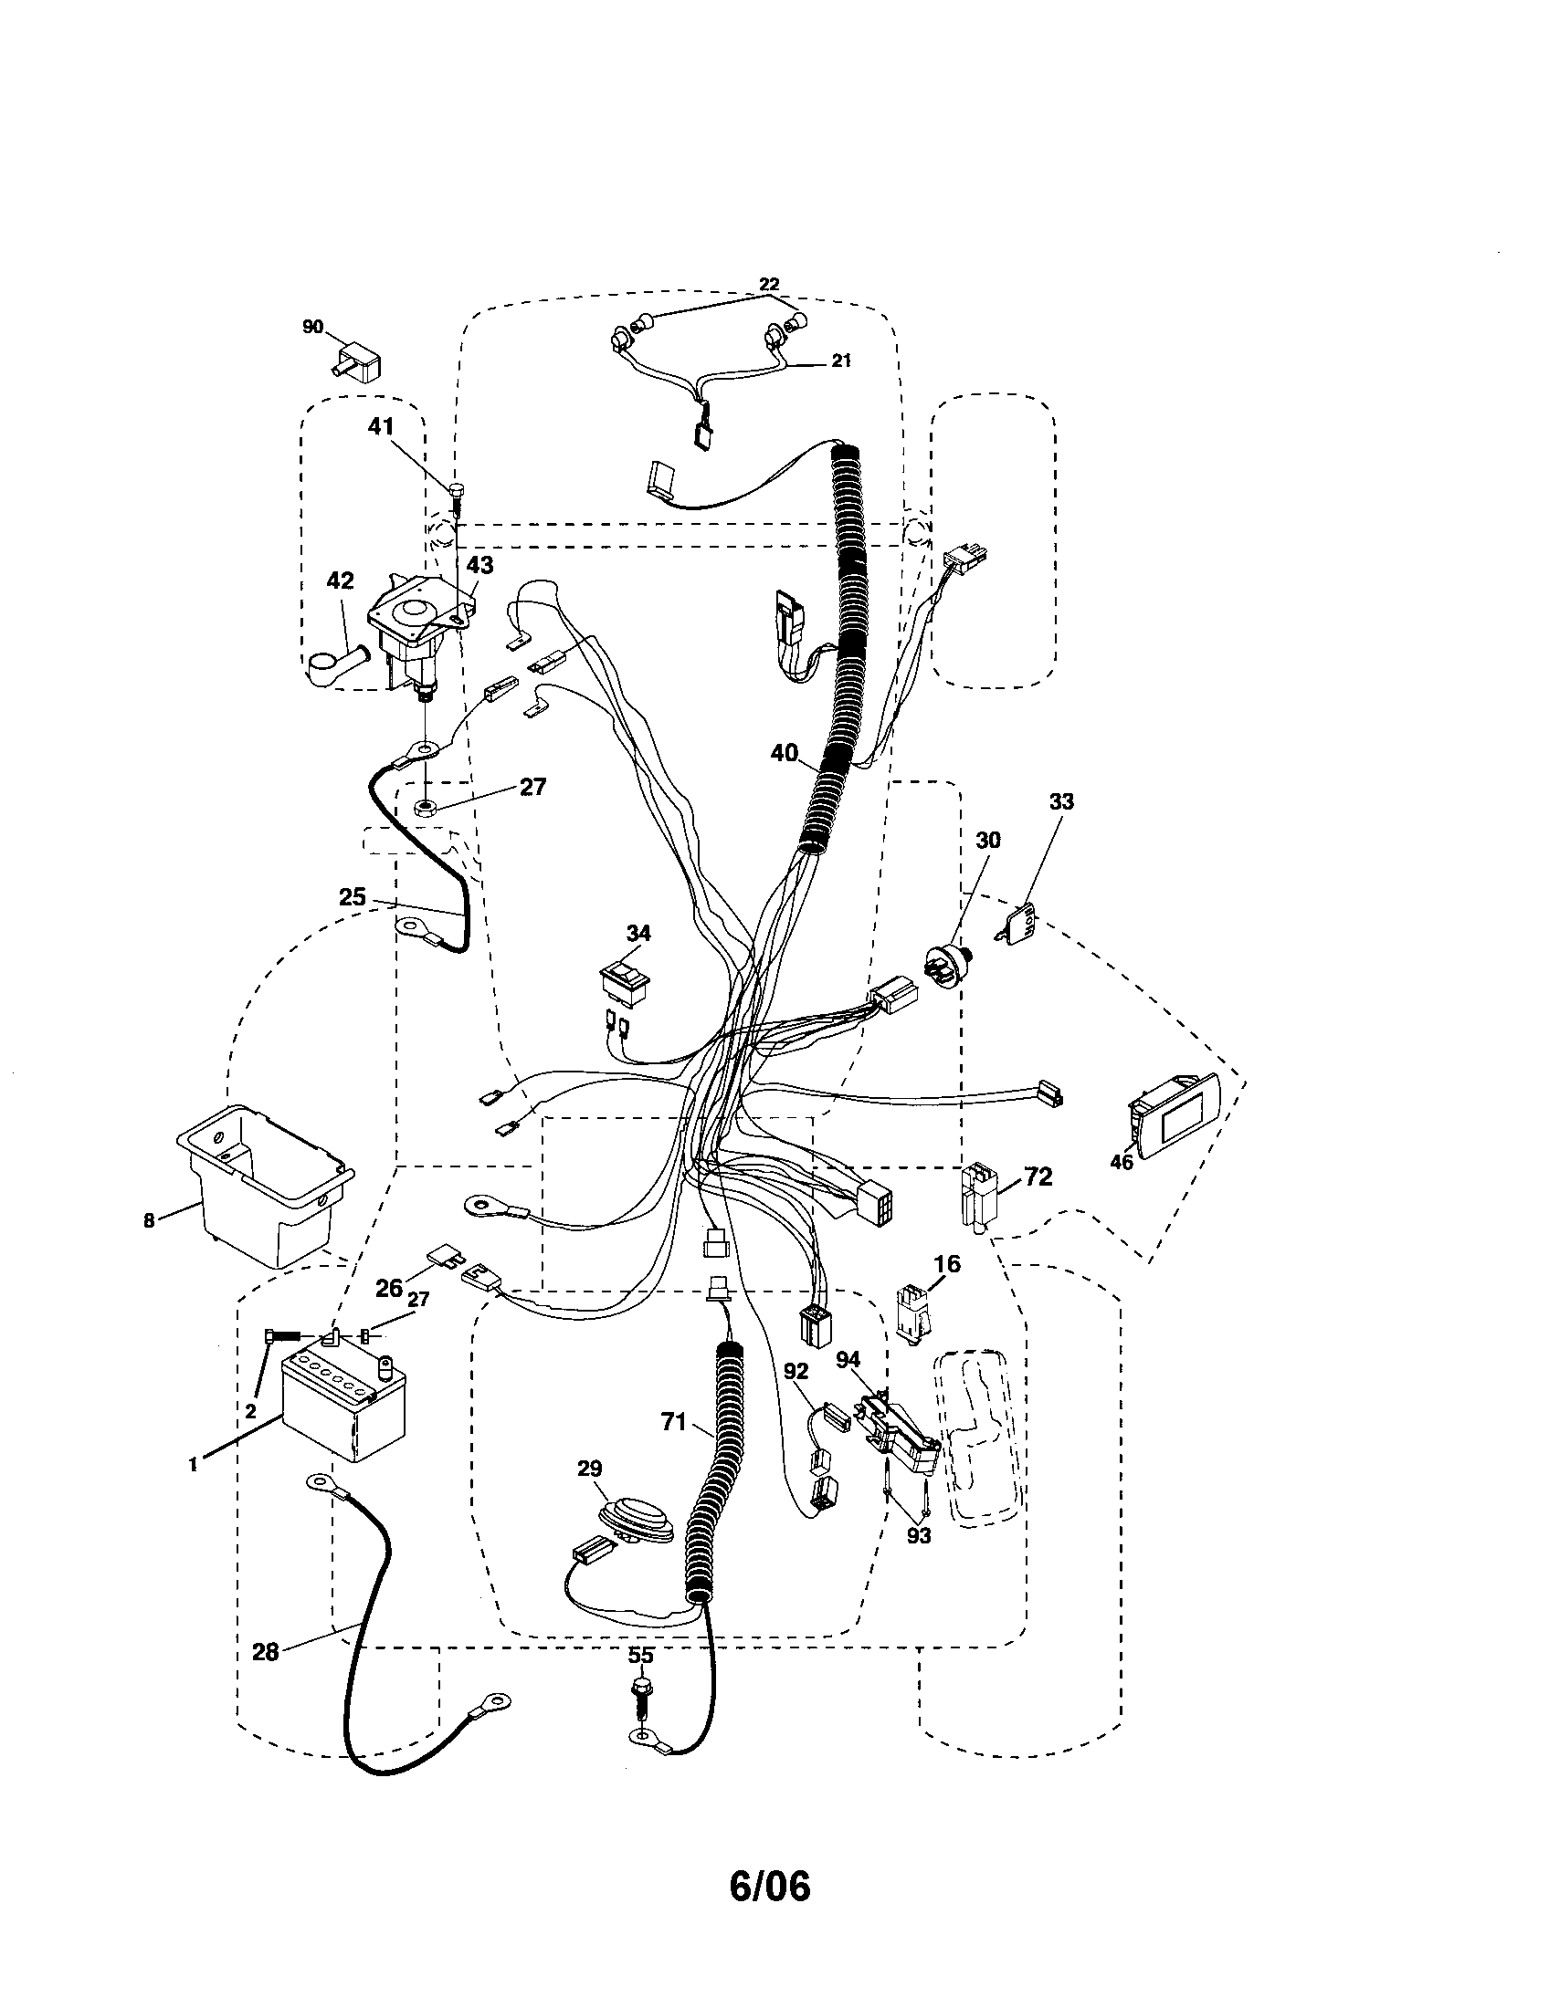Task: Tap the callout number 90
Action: coord(312,327)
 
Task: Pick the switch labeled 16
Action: coord(912,1315)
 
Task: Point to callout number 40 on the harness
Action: coord(784,753)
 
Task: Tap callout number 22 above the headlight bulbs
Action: coord(768,284)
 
